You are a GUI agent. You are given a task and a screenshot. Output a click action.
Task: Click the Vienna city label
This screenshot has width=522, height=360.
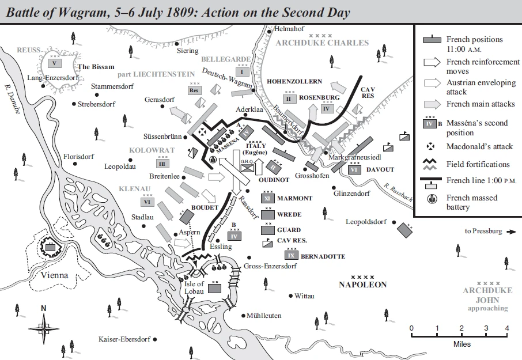(x=55, y=275)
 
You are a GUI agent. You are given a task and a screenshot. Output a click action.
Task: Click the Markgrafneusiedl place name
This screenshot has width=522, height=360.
(x=355, y=157)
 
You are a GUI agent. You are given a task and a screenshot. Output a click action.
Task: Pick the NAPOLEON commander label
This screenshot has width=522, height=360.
(x=362, y=285)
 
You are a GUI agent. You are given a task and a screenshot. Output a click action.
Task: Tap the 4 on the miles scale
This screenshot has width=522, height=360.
(x=507, y=328)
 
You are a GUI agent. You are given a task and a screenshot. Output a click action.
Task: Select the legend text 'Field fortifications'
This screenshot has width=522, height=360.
(x=478, y=164)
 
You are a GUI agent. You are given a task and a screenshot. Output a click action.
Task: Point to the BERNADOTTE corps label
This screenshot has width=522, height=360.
(x=323, y=256)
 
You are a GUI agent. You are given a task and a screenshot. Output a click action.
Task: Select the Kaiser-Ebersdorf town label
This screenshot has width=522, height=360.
(x=126, y=338)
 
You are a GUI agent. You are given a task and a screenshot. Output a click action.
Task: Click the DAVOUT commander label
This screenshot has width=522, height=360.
(x=380, y=170)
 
